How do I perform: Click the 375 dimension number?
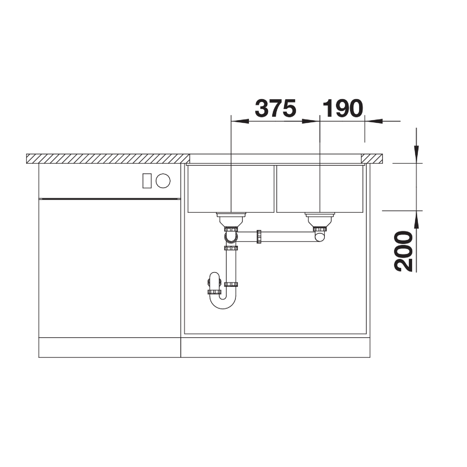[276, 108]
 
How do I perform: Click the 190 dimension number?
[343, 108]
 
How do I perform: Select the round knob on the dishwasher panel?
[163, 181]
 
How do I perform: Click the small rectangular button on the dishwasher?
[147, 181]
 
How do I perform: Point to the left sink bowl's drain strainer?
[231, 219]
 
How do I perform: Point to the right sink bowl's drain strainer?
[320, 219]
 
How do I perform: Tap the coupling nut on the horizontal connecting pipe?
[259, 236]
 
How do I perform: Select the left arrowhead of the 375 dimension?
[240, 121]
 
